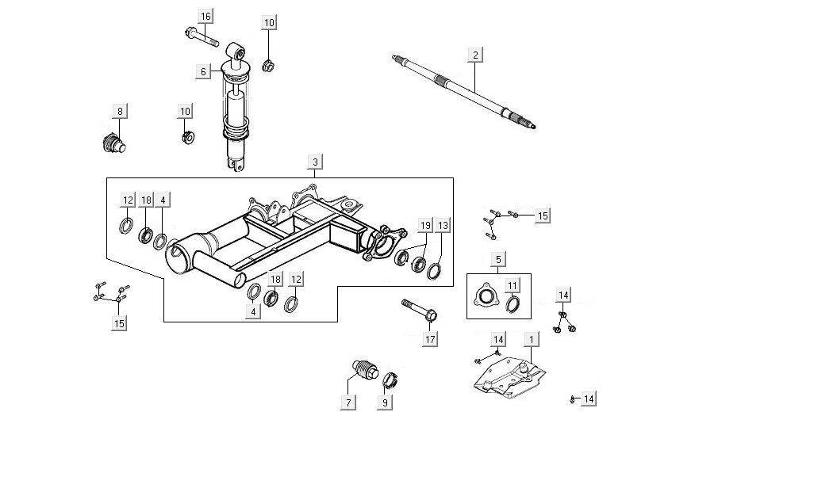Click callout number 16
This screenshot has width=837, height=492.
[206, 17]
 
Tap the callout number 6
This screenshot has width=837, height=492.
[203, 71]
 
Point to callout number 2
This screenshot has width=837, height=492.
[474, 55]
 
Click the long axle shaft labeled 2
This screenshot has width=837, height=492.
[464, 90]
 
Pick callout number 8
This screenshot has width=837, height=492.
[120, 111]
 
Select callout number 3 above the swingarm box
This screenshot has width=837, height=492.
[315, 162]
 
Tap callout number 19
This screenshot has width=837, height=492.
[425, 226]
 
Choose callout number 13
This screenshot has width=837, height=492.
[443, 226]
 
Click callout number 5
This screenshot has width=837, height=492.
[498, 259]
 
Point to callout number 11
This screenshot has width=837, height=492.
[513, 285]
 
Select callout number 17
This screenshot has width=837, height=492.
[430, 340]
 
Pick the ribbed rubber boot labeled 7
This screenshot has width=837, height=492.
[363, 371]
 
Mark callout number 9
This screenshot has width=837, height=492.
[386, 402]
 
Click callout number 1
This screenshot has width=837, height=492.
[531, 339]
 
